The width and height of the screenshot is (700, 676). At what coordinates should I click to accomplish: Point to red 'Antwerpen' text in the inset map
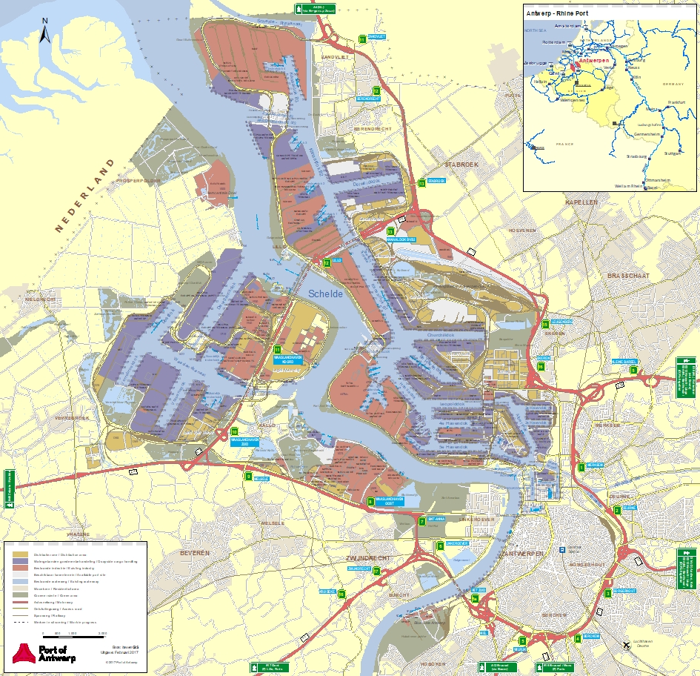click(x=593, y=60)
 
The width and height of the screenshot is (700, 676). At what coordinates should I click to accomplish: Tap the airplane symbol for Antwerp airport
click(x=627, y=645)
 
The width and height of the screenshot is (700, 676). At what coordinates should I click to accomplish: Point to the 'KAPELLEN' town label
click(x=580, y=202)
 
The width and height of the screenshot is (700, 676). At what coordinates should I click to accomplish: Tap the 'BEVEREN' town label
click(x=195, y=553)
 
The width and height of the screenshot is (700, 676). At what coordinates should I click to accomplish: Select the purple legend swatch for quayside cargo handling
click(x=20, y=562)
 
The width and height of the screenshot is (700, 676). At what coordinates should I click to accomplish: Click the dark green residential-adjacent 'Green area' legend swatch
click(x=20, y=595)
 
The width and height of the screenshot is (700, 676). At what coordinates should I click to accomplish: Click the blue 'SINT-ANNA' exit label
click(x=435, y=520)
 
